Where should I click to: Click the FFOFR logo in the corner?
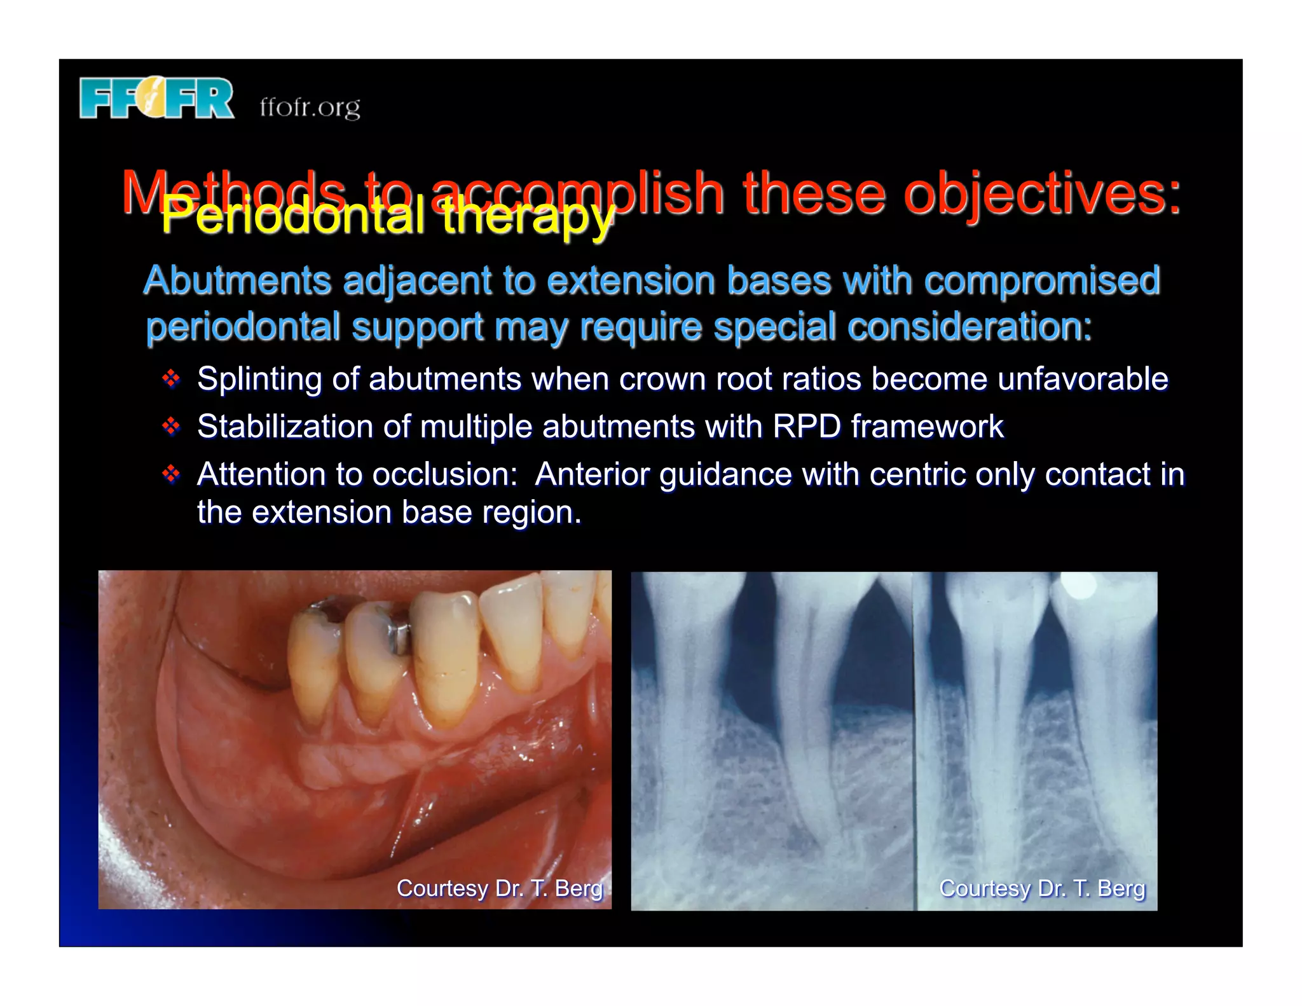click(x=156, y=99)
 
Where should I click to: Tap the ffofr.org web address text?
click(x=310, y=107)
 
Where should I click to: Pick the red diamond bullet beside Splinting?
click(x=171, y=380)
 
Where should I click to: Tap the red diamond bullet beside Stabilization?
click(x=171, y=426)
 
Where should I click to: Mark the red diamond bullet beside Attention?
click(x=171, y=474)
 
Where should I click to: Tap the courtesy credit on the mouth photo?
click(x=500, y=888)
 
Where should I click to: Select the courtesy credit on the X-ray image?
click(x=1042, y=888)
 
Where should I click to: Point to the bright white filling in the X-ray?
click(x=1078, y=586)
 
